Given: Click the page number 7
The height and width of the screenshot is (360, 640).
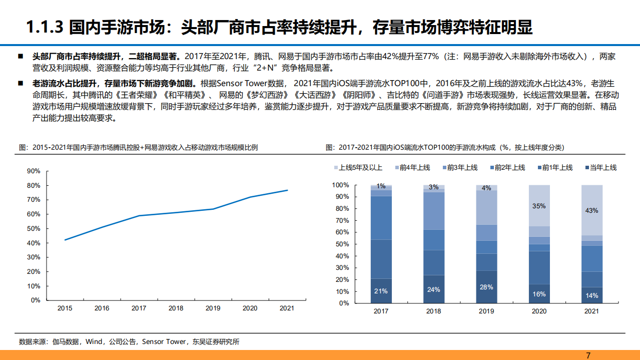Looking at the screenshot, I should [588, 355].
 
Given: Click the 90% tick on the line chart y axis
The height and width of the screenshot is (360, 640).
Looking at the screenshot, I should [34, 171].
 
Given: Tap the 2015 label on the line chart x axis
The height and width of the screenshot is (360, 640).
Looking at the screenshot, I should [64, 308].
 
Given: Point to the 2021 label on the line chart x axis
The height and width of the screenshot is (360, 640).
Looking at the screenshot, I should [287, 308].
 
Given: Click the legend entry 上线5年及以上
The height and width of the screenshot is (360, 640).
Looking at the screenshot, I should [357, 168].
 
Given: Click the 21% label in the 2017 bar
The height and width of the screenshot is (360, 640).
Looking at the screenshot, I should [381, 291].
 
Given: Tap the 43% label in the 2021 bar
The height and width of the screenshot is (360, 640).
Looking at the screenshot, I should [591, 211].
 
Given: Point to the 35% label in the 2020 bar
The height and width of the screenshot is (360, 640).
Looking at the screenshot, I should [539, 206].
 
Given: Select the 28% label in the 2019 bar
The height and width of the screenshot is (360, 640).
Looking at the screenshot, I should [486, 287].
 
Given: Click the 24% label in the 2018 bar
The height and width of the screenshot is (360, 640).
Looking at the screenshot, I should [434, 289].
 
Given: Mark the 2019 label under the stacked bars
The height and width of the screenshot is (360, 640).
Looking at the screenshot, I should [486, 311].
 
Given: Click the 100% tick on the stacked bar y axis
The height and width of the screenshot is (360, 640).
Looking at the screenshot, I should [341, 185].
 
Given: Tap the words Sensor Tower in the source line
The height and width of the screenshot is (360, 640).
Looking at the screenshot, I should [163, 342].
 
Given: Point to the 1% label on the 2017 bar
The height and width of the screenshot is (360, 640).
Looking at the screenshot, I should [381, 186].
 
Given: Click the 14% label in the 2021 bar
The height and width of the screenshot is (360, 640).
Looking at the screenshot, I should [591, 295].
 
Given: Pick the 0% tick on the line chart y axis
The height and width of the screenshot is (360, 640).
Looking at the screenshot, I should [36, 300].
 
